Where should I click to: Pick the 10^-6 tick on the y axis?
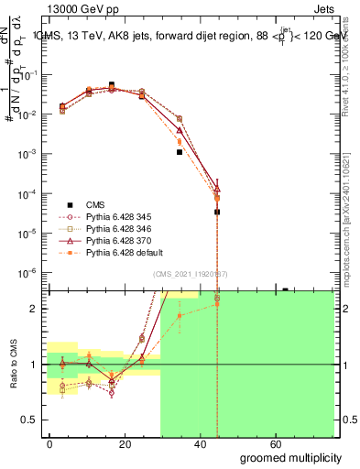[28, 273]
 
